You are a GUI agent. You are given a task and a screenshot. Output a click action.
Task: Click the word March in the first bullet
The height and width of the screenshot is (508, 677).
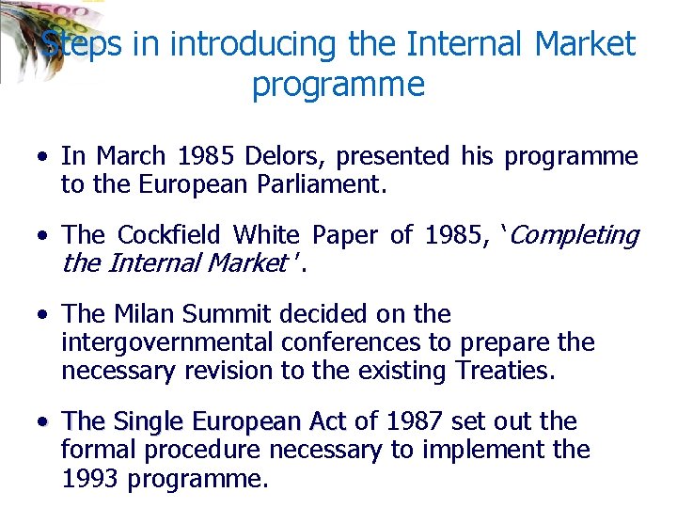coord(129,156)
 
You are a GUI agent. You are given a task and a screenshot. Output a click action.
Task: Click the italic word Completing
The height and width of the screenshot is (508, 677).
coord(575,235)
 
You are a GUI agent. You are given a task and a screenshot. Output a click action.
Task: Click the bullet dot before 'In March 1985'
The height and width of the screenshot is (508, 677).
coord(44,157)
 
